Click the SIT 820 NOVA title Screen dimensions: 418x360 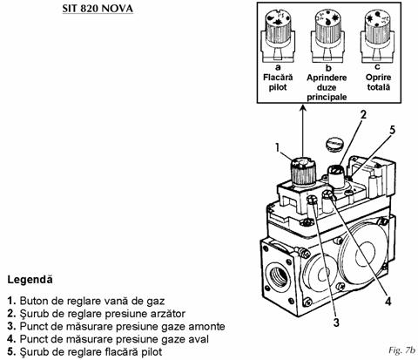tap(98, 8)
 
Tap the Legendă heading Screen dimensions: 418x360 tap(30, 280)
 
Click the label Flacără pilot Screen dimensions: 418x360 tap(278, 82)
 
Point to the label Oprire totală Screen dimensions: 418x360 tap(378, 82)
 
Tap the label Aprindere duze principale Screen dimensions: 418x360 tap(327, 87)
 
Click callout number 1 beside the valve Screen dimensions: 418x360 tap(278, 148)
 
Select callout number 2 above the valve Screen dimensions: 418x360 tap(363, 115)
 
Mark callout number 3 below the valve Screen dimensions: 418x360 tap(336, 323)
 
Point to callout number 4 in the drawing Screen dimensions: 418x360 tap(388, 302)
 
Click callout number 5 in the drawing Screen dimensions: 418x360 tap(392, 130)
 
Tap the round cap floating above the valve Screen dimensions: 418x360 tap(334, 144)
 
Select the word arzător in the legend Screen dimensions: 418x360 tap(170, 314)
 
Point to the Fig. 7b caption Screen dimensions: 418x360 tap(401, 350)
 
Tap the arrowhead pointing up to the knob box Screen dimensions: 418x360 tap(303, 109)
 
